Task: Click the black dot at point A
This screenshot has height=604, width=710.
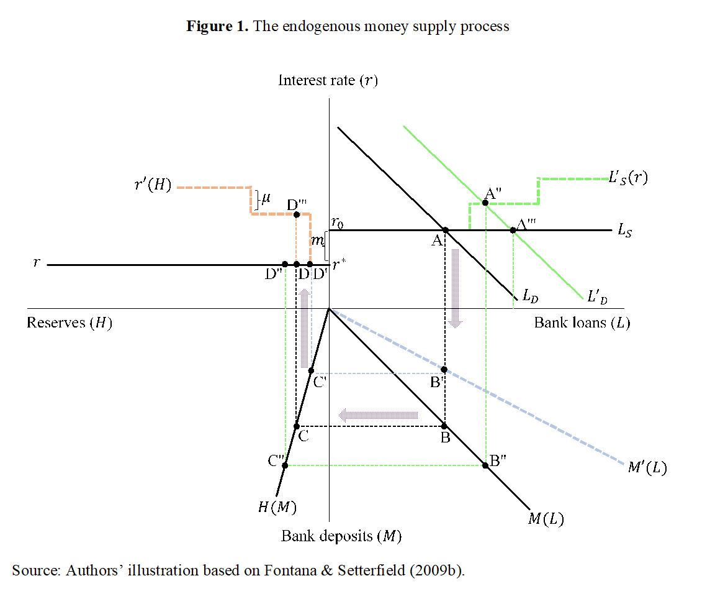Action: (446, 230)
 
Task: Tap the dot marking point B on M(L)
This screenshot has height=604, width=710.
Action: (444, 426)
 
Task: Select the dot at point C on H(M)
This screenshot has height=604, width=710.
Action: (297, 426)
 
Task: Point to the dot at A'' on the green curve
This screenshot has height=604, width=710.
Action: (485, 203)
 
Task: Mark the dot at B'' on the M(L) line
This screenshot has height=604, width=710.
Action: (485, 465)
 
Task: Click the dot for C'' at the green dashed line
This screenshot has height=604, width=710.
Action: (285, 465)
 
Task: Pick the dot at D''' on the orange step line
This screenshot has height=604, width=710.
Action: (297, 214)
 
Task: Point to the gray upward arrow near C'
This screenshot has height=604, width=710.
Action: (305, 329)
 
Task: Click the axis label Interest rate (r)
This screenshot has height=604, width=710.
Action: (328, 80)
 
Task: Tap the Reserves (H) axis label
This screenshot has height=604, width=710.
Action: (70, 323)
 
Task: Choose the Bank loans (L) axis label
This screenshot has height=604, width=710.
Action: (582, 323)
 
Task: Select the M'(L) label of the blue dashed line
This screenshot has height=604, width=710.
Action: (647, 467)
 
